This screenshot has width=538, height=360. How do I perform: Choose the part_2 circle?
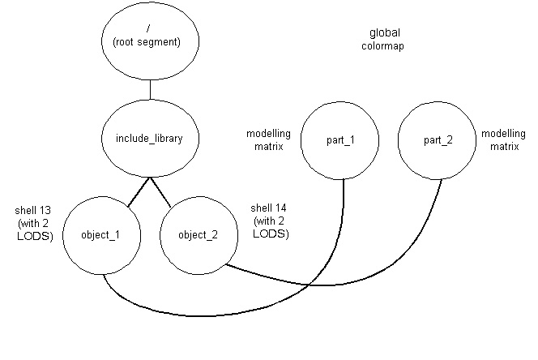[x=438, y=139]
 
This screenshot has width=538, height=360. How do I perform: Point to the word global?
[x=384, y=33]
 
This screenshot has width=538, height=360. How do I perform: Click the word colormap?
[x=384, y=47]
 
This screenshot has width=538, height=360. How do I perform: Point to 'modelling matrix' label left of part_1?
[x=264, y=139]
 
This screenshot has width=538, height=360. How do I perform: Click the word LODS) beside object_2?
[x=271, y=234]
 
